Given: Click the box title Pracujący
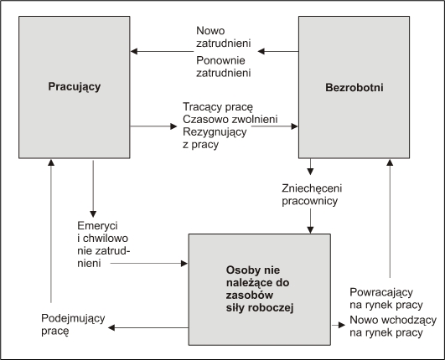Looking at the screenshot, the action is tap(75, 87).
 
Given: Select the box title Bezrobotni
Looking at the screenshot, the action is tap(354, 87).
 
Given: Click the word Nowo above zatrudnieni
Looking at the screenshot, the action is tap(210, 31).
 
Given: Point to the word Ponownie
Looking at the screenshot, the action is tap(220, 60).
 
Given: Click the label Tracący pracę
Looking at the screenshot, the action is tap(218, 107).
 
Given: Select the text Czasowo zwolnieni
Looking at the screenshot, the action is tap(230, 120).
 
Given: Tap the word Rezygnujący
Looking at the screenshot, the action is tap(215, 132).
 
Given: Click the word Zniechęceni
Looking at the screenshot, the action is tap(312, 188).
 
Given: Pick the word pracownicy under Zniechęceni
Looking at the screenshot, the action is tap(309, 201).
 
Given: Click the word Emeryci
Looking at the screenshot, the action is tap(97, 226).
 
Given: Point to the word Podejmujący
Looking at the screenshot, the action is tap(73, 319).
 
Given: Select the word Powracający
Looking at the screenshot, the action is tap(381, 292).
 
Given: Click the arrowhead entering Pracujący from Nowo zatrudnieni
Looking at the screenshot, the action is tap(134, 51).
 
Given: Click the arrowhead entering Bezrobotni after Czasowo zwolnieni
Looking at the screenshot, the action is tap(295, 126).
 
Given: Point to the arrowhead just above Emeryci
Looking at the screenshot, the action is tap(93, 213).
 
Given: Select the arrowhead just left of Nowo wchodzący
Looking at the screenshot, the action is tap(342, 325).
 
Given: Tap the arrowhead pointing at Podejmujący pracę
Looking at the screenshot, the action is tap(111, 327).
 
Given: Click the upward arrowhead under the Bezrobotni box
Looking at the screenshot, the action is tap(390, 162).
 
